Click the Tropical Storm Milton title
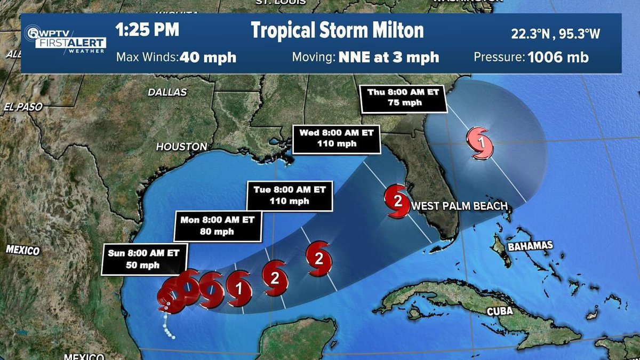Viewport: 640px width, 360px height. tap(337, 31)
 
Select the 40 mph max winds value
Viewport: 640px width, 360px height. tap(208, 57)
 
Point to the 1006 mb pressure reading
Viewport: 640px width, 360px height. tap(558, 57)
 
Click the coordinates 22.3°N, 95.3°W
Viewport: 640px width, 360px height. tap(555, 34)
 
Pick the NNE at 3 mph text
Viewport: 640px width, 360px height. tap(389, 57)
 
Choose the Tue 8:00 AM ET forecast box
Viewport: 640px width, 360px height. tap(290, 195)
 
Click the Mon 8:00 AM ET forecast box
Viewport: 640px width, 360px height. tap(218, 226)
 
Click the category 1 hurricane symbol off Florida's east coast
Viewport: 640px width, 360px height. tap(481, 143)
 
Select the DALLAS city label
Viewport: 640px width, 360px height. tap(167, 92)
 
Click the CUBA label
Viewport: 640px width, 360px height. tap(500, 311)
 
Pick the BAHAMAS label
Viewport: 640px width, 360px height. tap(530, 246)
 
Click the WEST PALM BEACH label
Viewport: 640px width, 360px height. tap(458, 206)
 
